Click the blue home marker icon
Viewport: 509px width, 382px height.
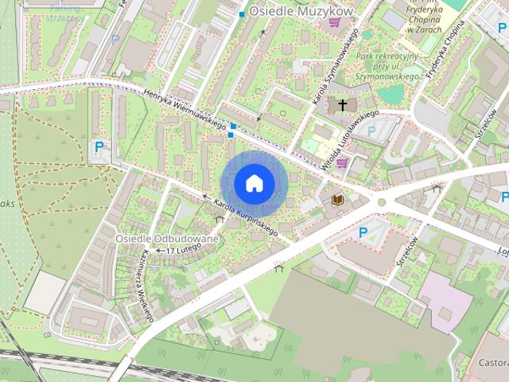[x=254, y=183]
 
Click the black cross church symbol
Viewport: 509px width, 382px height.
[x=344, y=104]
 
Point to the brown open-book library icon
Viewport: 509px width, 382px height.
[x=338, y=200]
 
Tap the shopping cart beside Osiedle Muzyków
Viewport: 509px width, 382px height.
[x=334, y=22]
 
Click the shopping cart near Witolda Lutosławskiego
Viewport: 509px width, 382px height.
[x=342, y=163]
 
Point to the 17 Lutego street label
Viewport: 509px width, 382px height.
[x=182, y=250]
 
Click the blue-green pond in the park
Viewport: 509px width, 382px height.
[x=390, y=95]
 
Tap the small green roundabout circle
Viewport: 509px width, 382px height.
[x=382, y=202]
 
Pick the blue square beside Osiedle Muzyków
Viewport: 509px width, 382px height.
[x=242, y=14]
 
